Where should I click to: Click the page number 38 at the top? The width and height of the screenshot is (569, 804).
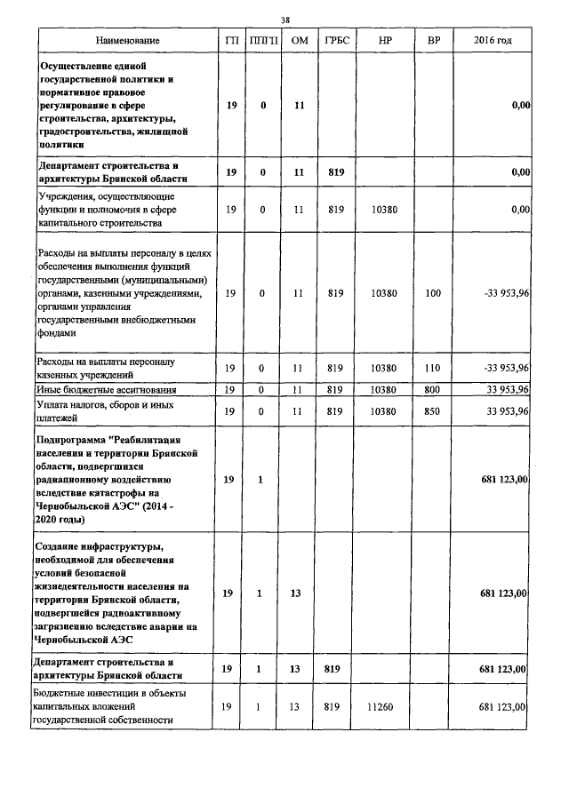285,20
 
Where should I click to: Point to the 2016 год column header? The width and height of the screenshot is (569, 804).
493,41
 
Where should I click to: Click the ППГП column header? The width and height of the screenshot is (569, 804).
263,41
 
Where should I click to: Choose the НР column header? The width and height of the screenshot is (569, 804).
385,41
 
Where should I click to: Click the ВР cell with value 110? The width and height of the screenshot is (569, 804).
433,368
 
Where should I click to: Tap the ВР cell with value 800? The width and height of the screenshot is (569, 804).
433,389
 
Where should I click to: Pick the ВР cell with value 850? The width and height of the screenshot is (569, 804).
433,410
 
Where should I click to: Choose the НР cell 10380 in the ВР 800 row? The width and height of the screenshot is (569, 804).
385,389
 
